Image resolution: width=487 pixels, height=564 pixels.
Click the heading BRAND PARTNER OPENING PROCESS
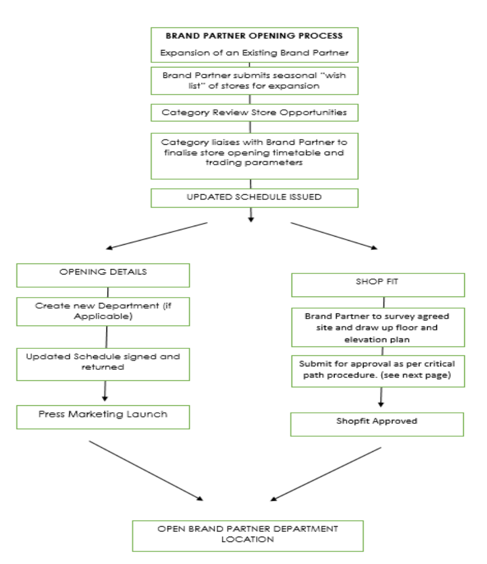(x=254, y=36)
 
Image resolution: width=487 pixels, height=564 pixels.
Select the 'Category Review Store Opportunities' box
(x=254, y=113)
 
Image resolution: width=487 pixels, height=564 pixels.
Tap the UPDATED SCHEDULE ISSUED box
(x=254, y=198)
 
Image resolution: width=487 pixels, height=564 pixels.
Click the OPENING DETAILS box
(x=103, y=276)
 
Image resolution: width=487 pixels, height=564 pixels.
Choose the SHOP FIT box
(x=378, y=285)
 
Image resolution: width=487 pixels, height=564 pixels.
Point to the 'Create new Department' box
(x=103, y=312)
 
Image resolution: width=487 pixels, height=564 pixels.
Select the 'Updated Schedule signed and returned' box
(x=103, y=365)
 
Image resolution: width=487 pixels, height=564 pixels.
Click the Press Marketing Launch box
(x=103, y=417)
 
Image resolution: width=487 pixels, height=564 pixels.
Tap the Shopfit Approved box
(x=377, y=424)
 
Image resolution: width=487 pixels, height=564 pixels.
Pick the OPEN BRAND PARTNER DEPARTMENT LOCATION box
(x=248, y=536)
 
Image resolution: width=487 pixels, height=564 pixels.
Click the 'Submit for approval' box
(x=378, y=371)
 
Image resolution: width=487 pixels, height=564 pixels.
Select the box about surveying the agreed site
(x=378, y=327)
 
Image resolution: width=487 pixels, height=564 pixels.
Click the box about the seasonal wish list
(x=254, y=81)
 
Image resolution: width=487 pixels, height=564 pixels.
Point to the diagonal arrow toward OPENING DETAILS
(x=157, y=235)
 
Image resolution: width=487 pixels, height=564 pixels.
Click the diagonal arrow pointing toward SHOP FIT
(x=334, y=235)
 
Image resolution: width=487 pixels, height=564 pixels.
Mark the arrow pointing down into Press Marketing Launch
(x=105, y=391)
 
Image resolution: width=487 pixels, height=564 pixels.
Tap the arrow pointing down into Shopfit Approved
(x=381, y=397)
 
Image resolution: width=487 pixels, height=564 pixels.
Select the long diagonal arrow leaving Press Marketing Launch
(x=146, y=470)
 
